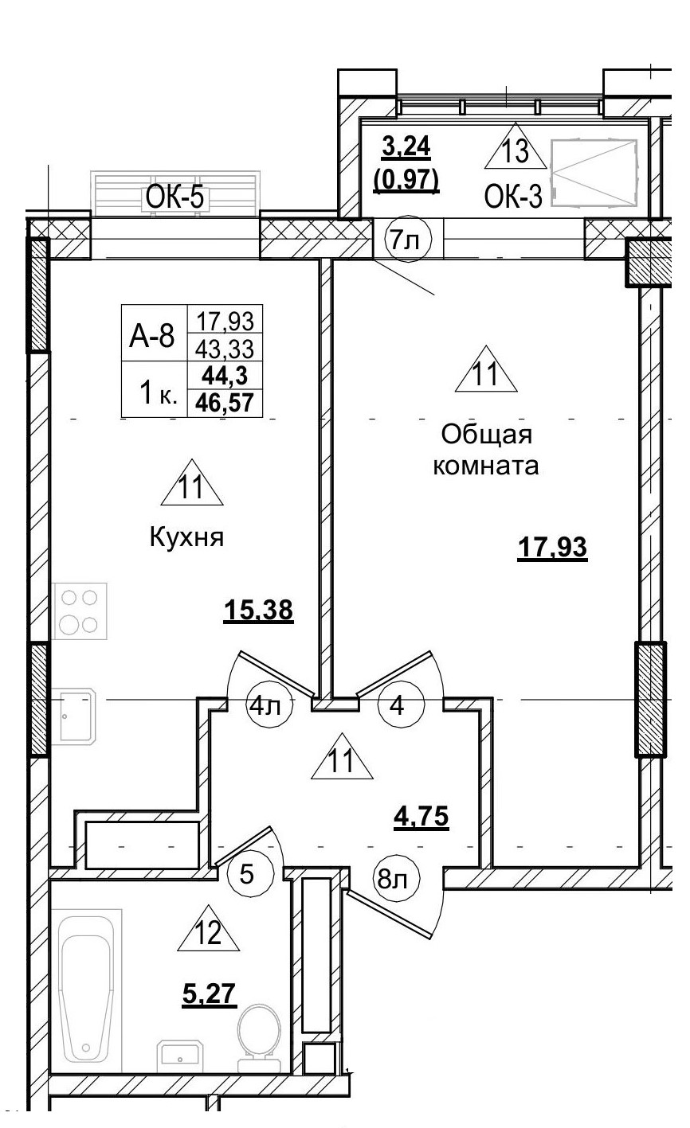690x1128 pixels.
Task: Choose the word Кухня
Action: coord(186,537)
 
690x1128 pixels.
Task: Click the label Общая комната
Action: coord(486,450)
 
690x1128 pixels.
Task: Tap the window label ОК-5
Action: coord(176,198)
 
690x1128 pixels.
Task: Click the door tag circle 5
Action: coord(247,875)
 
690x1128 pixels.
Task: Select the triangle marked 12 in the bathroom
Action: coord(209,930)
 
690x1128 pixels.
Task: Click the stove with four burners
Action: coord(79,611)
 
